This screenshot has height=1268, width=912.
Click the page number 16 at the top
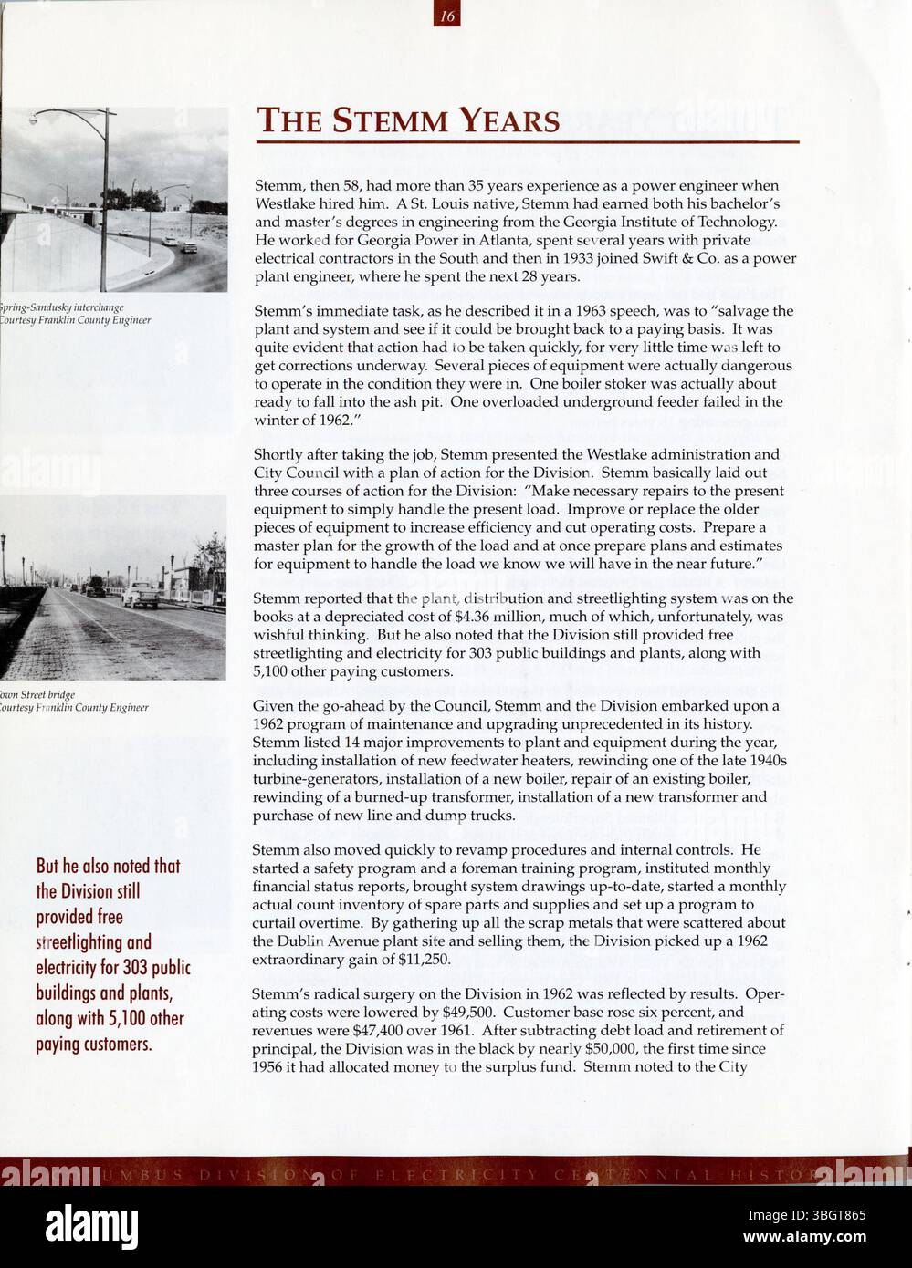click(x=447, y=14)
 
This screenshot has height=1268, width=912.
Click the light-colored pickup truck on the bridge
click(x=142, y=596)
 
